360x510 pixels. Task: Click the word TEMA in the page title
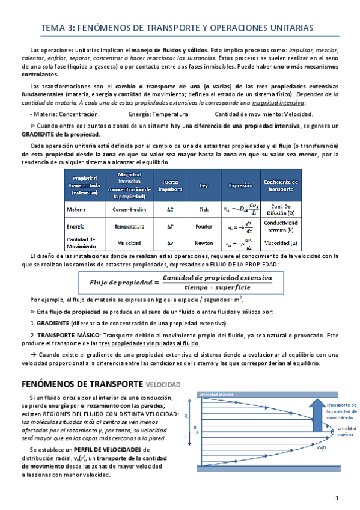(x=50, y=28)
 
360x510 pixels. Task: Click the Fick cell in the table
(x=204, y=209)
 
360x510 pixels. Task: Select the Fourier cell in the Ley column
(x=204, y=227)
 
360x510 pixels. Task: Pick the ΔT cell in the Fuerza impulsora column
(x=170, y=227)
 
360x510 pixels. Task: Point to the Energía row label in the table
(x=76, y=227)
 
